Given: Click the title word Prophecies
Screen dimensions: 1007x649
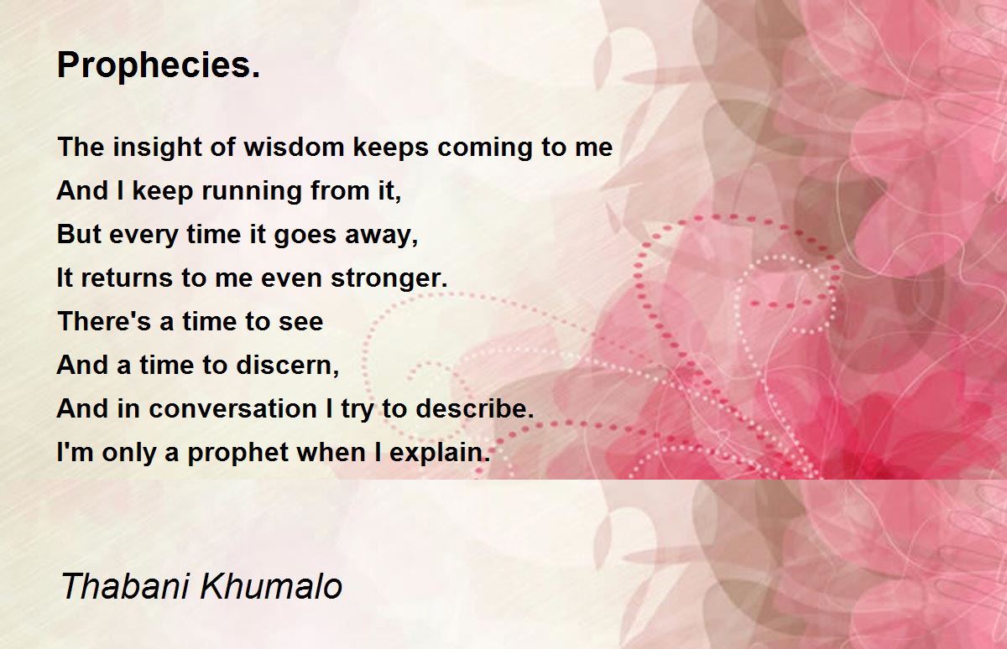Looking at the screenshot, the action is point(159,66).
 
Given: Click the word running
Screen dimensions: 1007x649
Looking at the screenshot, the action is point(251,192).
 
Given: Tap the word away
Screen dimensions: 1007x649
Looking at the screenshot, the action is point(381,236).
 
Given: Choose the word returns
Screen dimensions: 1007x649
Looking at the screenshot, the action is point(128,278).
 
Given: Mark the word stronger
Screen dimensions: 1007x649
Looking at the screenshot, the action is point(389,279).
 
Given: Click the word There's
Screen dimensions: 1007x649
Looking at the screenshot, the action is point(104,322).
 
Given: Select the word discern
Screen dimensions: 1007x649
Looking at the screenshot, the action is point(287,365).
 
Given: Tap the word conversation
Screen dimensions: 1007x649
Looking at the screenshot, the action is point(233,409).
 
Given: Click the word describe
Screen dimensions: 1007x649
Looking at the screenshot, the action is point(474,408).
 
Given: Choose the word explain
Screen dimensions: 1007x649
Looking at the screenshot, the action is point(440,453).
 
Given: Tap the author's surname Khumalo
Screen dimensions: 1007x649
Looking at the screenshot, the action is point(271,587).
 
